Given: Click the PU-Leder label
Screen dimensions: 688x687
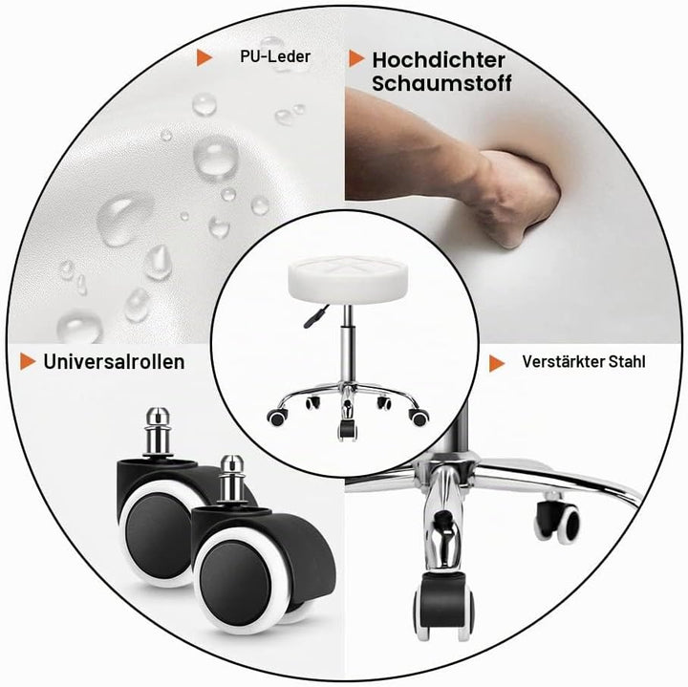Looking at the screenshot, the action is (x=275, y=56).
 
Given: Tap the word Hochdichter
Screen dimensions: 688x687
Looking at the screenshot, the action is (x=439, y=60).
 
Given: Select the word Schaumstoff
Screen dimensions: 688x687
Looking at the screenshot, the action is (x=441, y=83).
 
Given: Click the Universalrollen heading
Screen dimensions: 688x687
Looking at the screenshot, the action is (x=114, y=362).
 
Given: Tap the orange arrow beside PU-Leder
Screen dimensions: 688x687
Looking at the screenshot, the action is (x=204, y=57).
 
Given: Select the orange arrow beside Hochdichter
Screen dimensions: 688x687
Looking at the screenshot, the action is (x=356, y=58).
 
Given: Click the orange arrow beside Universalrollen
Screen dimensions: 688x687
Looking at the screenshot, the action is (x=28, y=361).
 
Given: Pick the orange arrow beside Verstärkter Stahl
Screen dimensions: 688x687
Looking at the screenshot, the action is (x=497, y=363).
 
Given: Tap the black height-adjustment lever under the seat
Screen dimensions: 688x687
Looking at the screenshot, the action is (x=316, y=316).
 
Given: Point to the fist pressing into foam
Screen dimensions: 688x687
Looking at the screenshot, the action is (x=518, y=198).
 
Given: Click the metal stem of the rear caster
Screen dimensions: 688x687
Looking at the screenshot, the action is (x=158, y=432).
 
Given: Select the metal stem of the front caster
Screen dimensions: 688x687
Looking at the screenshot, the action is (x=231, y=483).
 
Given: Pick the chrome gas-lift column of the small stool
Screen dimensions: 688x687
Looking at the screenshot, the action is (x=348, y=347).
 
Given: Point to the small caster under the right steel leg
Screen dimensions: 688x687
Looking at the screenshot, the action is (x=556, y=520).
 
